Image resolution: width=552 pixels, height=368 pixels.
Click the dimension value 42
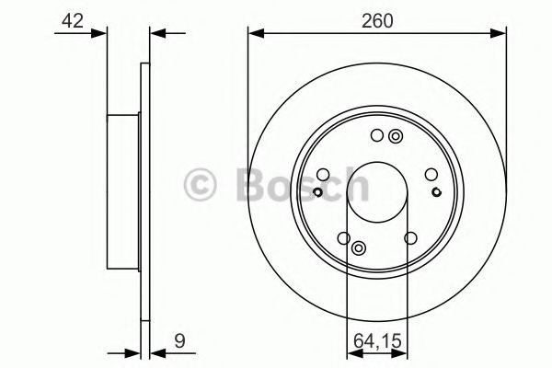73,21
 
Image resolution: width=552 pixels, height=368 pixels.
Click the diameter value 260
377,21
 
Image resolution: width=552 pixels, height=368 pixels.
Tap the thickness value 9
179,341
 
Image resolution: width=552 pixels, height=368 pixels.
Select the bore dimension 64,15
377,341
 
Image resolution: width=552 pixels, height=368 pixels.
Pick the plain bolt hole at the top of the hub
377,135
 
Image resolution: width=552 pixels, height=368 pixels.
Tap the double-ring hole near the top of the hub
396,136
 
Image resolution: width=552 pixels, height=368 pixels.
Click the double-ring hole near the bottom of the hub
359,248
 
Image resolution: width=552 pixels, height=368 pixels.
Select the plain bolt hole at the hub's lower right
410,238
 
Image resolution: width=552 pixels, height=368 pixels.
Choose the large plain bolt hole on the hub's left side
323,174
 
